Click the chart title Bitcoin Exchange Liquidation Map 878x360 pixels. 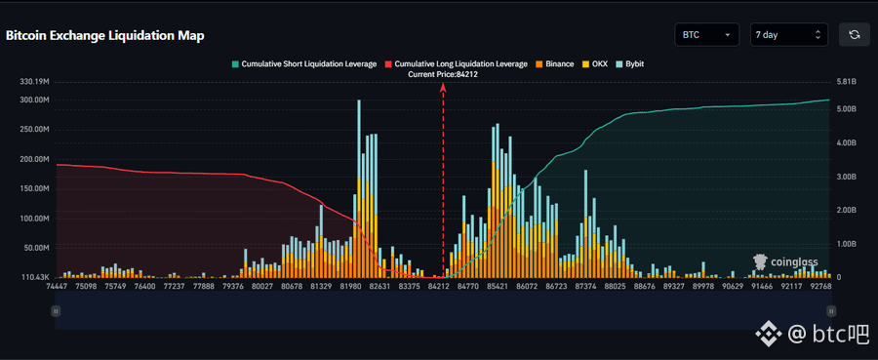[104, 35]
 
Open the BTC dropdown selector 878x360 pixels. [707, 35]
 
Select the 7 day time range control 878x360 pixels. [788, 35]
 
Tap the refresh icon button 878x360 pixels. [854, 35]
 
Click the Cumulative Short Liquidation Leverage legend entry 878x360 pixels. [304, 63]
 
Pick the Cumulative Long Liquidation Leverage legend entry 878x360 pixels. [456, 63]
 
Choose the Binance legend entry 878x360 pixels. [554, 63]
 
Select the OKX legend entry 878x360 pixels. [595, 63]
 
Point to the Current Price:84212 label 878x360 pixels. [443, 74]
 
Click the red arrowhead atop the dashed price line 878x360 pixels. [443, 87]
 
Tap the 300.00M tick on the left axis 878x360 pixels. [34, 100]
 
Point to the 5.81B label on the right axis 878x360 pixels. [846, 82]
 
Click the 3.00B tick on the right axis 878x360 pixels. [846, 177]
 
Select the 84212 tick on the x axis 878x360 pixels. [438, 286]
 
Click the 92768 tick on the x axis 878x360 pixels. [820, 286]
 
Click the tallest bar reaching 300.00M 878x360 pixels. [358, 188]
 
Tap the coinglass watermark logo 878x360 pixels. [785, 261]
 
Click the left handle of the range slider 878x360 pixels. [56, 310]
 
